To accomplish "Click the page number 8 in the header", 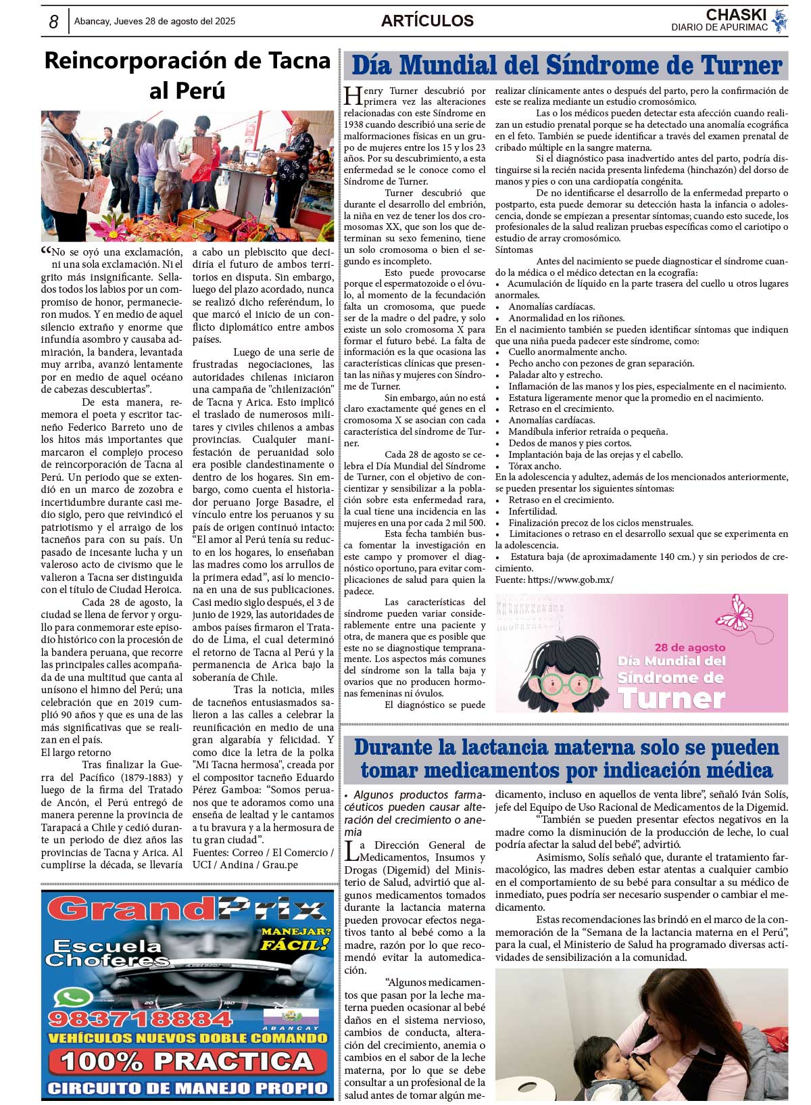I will click(x=53, y=22).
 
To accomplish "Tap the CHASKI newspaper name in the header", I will click(x=736, y=14).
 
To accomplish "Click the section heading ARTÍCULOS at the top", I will click(x=427, y=21).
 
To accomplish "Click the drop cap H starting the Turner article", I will click(x=353, y=96).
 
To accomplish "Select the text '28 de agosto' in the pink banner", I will click(x=689, y=647).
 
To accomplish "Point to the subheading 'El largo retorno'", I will click(x=76, y=753).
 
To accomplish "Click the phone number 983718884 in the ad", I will click(x=140, y=1018).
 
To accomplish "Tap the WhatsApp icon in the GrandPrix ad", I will click(x=72, y=998).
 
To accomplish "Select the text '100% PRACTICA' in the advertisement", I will click(x=187, y=1061).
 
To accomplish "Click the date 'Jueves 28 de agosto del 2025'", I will click(x=155, y=22).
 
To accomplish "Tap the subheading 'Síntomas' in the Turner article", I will click(x=514, y=250).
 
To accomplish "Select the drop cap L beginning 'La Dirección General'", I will click(x=351, y=850).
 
